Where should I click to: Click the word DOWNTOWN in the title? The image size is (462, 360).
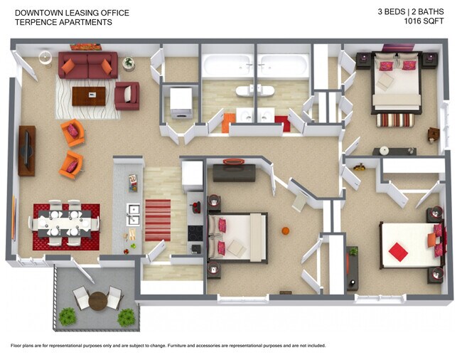(36, 13)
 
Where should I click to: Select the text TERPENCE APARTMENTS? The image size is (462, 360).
(63, 22)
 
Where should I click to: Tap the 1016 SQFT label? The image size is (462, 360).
(425, 21)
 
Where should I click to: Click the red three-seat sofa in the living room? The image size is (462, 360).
(88, 65)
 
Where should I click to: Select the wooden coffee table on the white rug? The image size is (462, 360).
(88, 95)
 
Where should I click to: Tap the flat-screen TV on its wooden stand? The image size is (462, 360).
(26, 150)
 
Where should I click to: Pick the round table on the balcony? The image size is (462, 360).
(97, 300)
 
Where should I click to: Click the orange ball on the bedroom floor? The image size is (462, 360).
(285, 231)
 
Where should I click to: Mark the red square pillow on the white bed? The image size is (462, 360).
(398, 252)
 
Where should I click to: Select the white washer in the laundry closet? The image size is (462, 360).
(181, 100)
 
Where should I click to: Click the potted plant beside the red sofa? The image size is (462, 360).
(128, 63)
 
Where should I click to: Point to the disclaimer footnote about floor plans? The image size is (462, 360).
(168, 345)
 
